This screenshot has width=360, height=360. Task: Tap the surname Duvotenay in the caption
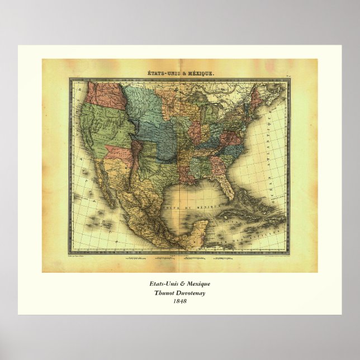pyautogui.click(x=192, y=293)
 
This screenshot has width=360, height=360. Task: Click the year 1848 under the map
pyautogui.click(x=180, y=302)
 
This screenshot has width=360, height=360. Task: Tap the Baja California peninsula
pyautogui.click(x=106, y=184)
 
